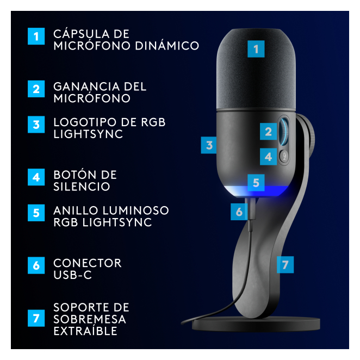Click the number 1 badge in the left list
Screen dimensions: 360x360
click(x=36, y=36)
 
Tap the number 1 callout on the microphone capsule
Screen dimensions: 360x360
click(x=256, y=49)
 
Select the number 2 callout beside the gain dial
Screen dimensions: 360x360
click(x=268, y=131)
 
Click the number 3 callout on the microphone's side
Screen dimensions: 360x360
click(x=209, y=145)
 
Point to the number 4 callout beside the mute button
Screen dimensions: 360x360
click(x=268, y=157)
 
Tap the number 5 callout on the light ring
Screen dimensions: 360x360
click(x=256, y=183)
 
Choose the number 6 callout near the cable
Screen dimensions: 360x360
click(x=239, y=212)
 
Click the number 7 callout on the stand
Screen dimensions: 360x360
click(x=285, y=265)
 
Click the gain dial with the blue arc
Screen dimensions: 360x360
click(x=284, y=132)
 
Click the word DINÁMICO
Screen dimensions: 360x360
click(x=167, y=46)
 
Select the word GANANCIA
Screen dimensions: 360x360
click(x=87, y=87)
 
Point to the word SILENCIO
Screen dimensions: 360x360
click(x=82, y=187)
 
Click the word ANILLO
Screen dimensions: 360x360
click(x=76, y=210)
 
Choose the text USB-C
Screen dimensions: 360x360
click(x=72, y=275)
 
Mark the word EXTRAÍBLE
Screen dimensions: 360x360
click(x=85, y=331)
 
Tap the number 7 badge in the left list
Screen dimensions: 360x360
click(x=36, y=318)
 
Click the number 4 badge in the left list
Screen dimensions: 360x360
click(x=36, y=177)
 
